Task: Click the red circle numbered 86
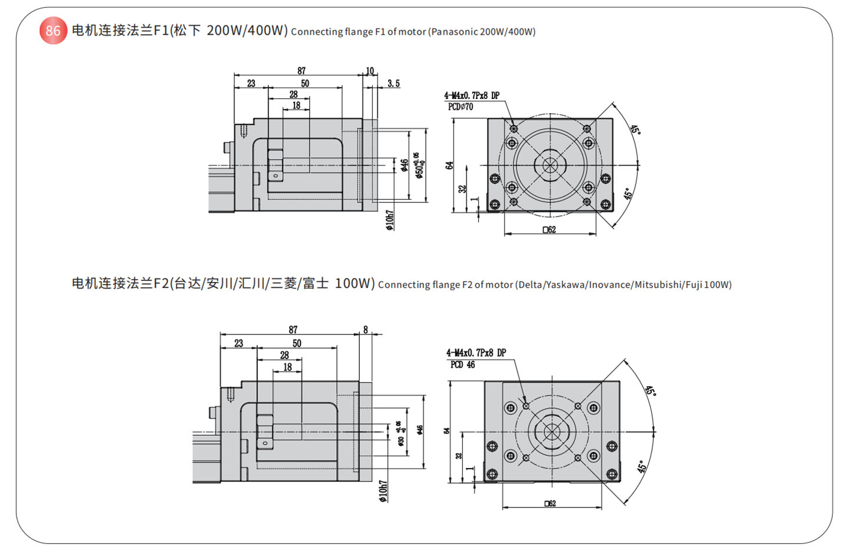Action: [x=53, y=31]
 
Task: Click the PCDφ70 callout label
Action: [x=461, y=107]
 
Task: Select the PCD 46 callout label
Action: [x=462, y=365]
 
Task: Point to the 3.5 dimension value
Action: [x=393, y=84]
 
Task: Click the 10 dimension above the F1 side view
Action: [x=370, y=71]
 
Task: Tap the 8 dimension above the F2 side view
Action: [x=366, y=330]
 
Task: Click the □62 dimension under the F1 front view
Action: [x=549, y=230]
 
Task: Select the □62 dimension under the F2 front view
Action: [x=550, y=503]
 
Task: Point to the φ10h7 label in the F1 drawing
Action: [x=389, y=220]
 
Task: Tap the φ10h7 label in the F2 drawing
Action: [x=383, y=491]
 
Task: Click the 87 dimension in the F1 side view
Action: [x=302, y=71]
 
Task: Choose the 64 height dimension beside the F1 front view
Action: [x=449, y=165]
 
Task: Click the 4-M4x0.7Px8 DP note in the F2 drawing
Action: [x=476, y=353]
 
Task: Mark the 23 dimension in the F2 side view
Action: [x=238, y=343]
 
